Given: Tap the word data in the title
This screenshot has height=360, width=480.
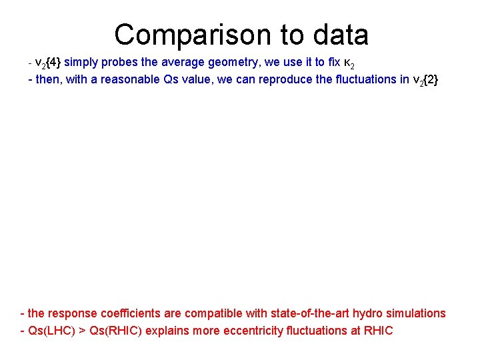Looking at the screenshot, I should (x=337, y=34).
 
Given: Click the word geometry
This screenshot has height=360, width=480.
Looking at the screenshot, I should (x=211, y=62).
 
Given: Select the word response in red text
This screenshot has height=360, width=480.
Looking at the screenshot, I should (x=71, y=313).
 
